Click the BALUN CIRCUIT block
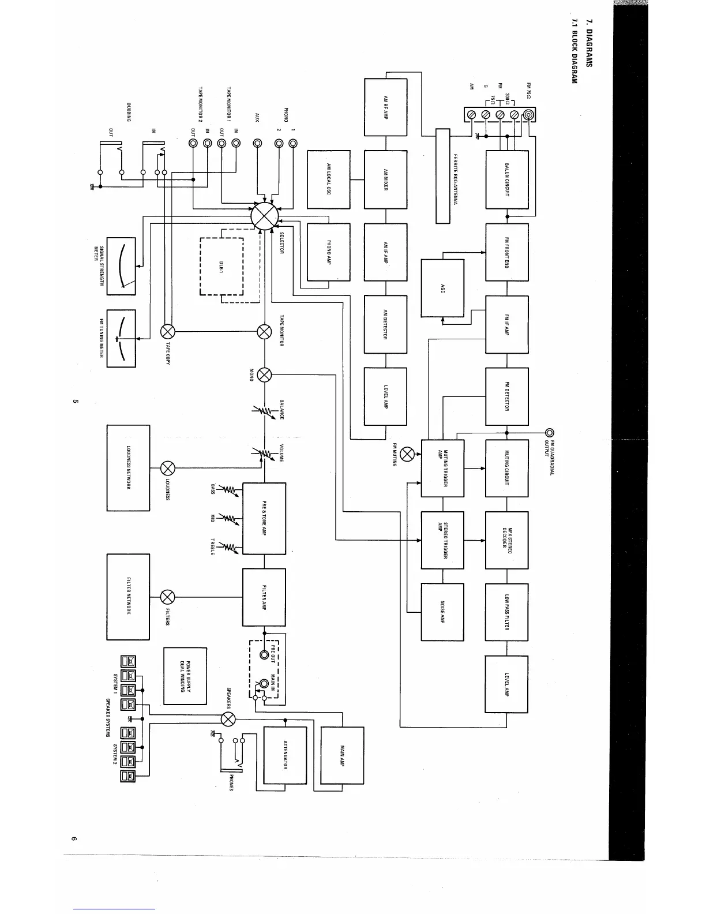(507, 179)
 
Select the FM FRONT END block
(507, 252)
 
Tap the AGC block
(442, 288)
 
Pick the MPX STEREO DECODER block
(507, 540)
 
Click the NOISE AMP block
(442, 612)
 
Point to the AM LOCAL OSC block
(329, 179)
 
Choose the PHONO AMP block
(329, 252)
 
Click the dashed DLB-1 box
(221, 267)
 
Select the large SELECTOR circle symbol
(265, 216)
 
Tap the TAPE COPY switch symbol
(167, 331)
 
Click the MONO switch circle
(264, 374)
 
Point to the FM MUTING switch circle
(407, 454)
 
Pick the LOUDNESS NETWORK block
(128, 468)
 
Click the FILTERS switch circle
(167, 597)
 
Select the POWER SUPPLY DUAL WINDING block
(185, 676)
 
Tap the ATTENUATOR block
(285, 755)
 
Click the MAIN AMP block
(342, 755)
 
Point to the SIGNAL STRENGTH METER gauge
(121, 266)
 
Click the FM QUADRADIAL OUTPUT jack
(550, 432)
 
